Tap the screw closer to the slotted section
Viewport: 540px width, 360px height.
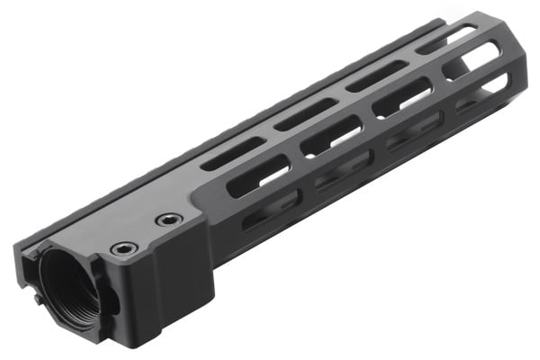[x=167, y=220]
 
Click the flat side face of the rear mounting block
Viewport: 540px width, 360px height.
[x=171, y=288]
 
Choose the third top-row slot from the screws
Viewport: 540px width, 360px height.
[x=375, y=79]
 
